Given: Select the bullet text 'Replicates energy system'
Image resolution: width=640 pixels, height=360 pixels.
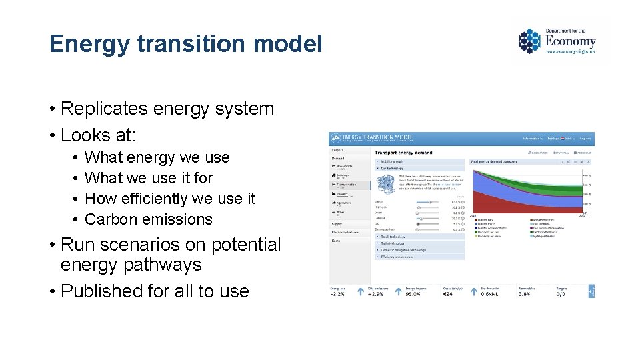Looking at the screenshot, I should (x=167, y=109).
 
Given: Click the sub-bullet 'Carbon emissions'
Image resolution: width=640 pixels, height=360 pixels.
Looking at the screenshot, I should (x=149, y=219).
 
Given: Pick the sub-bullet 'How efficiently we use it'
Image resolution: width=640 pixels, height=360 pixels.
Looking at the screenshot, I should (x=170, y=199).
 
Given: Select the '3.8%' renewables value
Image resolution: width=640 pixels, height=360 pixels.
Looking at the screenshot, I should (x=525, y=293).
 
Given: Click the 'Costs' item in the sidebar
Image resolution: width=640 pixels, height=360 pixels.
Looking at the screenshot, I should (x=337, y=241).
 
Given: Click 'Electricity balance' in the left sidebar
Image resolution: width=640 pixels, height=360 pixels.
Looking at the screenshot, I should (x=345, y=232).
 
